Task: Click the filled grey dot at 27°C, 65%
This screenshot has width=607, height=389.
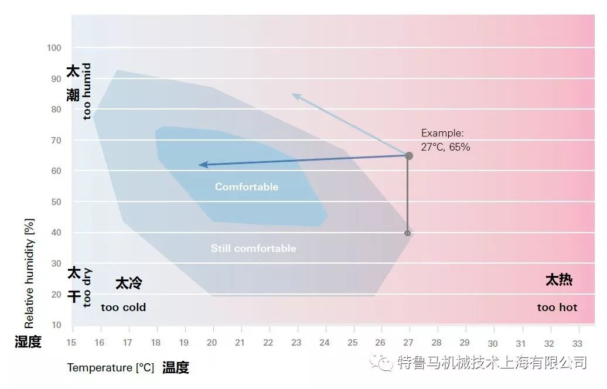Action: coord(409,156)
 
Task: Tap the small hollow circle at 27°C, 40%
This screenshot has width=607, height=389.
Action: coord(408,233)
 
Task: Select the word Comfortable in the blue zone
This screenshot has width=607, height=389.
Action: coord(247,187)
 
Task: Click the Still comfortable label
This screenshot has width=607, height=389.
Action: coord(253,248)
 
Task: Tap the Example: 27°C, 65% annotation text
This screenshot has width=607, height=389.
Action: coord(445,141)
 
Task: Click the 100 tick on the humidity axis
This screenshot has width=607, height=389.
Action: coord(54,47)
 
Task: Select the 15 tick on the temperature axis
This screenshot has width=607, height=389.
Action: coord(71,343)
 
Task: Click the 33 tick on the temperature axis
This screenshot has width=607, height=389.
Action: coord(577,343)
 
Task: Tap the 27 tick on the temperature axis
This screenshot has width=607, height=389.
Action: coord(408,343)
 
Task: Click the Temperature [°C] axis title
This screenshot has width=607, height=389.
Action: coord(110,368)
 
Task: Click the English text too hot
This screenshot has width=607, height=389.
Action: coord(557,307)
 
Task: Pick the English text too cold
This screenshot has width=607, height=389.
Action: coord(123,307)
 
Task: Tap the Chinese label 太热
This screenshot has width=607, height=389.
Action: coord(558,281)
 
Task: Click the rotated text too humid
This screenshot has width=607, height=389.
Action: coord(87,91)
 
